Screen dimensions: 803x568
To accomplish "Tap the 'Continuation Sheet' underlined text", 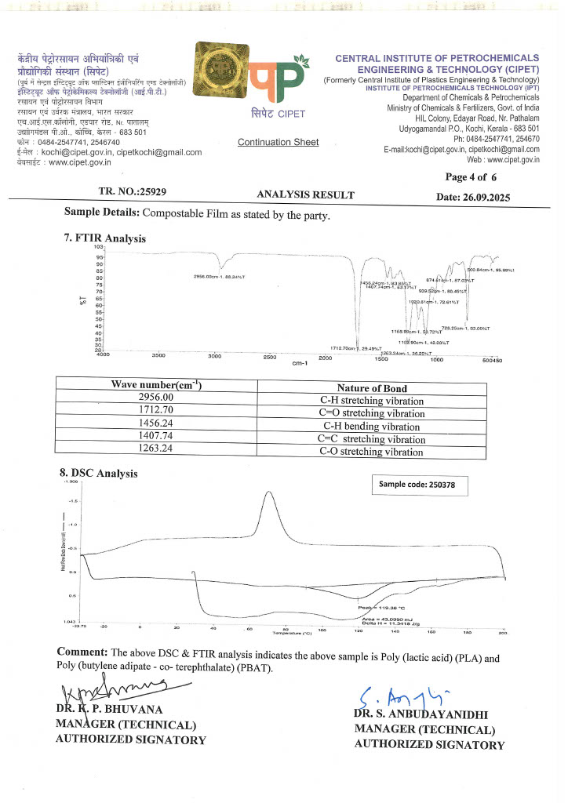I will [x=279, y=142].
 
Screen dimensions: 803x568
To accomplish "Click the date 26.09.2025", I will [x=473, y=197].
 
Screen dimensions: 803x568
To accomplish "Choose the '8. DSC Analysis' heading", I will [x=99, y=473].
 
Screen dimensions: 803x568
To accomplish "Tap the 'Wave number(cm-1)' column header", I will [x=155, y=386].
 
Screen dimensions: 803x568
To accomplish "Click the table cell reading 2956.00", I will [x=155, y=398].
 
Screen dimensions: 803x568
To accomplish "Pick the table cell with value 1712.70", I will [x=155, y=412].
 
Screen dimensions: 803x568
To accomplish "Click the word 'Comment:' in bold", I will [x=82, y=652].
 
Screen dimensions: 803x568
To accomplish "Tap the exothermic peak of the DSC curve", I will [x=269, y=492].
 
